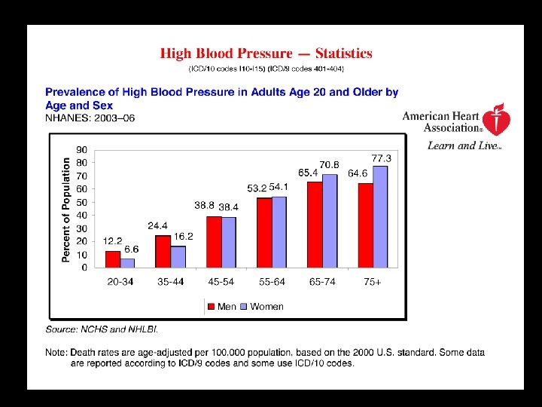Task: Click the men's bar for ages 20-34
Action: coord(113,259)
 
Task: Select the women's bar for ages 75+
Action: coord(380,216)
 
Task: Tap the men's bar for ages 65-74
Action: coord(315,224)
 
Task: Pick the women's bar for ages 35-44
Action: coord(178,256)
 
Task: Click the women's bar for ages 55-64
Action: coord(279,231)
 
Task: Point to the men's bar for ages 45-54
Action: coord(214,241)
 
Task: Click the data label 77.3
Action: coord(382,158)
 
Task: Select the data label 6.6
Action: coord(131,249)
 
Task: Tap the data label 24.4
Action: coord(157,225)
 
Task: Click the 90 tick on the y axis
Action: coord(81,149)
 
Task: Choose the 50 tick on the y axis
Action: coord(81,202)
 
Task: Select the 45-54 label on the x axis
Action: coord(221,281)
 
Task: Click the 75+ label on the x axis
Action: coord(372,281)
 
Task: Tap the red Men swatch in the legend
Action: coord(211,306)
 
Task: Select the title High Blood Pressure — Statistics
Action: coord(266,54)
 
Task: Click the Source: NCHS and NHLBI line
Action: coord(102,329)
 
